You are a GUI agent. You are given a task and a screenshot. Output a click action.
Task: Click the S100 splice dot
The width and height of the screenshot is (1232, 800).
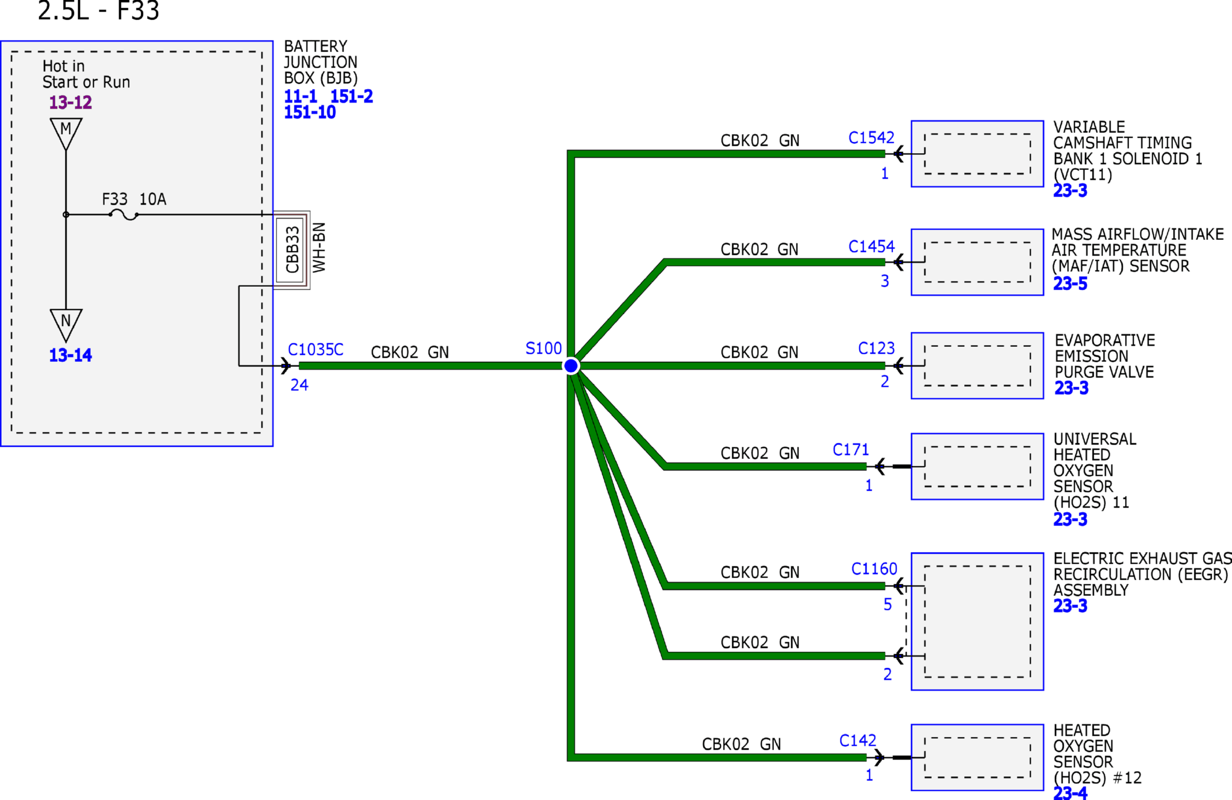click(x=571, y=365)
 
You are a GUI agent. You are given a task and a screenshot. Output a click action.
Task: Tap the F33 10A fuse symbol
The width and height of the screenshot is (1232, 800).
click(x=123, y=215)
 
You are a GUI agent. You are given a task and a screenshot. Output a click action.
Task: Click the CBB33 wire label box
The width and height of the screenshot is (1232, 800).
click(x=292, y=250)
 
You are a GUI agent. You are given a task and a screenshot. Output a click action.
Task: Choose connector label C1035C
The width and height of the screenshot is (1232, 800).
click(x=315, y=350)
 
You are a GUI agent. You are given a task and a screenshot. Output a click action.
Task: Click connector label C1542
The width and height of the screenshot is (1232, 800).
click(x=871, y=138)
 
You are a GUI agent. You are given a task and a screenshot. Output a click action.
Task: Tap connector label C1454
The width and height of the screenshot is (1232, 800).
click(x=871, y=247)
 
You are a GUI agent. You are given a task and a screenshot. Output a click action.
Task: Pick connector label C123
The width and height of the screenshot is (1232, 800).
click(x=876, y=348)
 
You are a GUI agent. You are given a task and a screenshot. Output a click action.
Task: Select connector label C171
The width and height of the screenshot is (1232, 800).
click(x=851, y=450)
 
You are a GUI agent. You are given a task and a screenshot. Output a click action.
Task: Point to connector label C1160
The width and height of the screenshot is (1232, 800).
click(x=874, y=569)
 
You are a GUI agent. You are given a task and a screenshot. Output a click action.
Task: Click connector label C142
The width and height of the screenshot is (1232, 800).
click(x=858, y=740)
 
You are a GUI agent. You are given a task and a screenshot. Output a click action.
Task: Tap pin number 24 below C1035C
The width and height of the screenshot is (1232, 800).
click(x=299, y=385)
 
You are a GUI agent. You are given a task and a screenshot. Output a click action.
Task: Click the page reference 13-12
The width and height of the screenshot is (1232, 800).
click(x=70, y=102)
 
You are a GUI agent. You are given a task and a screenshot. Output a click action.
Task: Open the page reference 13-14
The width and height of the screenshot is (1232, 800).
click(x=70, y=355)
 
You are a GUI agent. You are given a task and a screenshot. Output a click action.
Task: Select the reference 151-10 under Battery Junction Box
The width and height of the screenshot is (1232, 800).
click(x=309, y=112)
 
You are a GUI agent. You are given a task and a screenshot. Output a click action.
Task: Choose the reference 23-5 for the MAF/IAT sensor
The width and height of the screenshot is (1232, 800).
click(x=1070, y=284)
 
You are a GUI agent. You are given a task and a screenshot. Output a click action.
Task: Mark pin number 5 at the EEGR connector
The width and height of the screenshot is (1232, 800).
click(x=887, y=605)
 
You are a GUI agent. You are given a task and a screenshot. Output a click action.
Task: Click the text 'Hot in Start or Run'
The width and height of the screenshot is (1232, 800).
click(x=86, y=74)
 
